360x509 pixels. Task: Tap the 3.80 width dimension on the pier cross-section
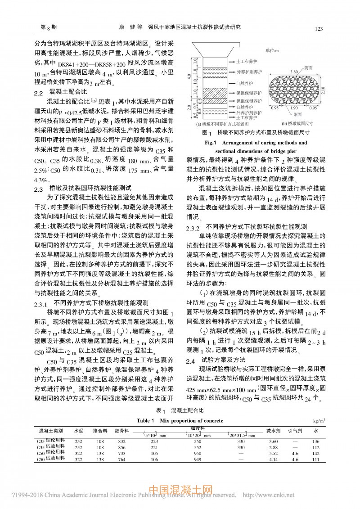pyautogui.click(x=294, y=71)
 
